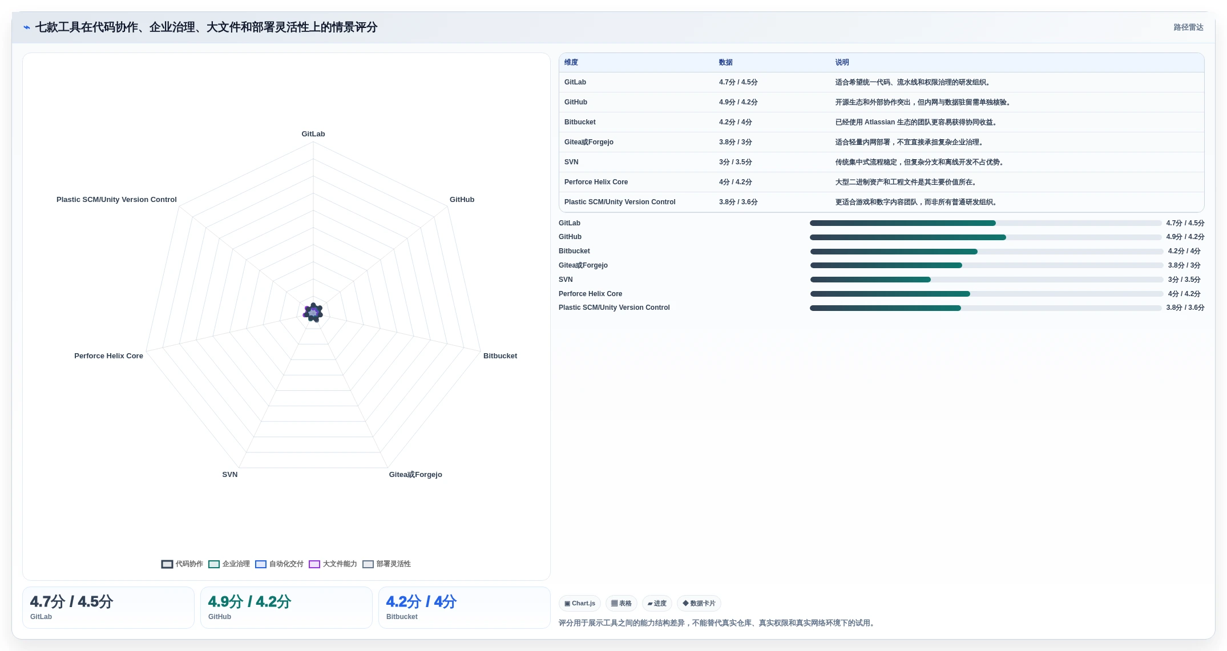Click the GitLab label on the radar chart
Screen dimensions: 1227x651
tap(313, 134)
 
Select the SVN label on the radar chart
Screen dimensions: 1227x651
tap(230, 475)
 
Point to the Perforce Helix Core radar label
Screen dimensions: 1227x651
tap(108, 356)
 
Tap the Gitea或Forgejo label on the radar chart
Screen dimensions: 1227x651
tap(415, 475)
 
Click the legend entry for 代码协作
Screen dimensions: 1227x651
tap(182, 564)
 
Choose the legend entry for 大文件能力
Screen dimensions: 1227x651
tap(333, 564)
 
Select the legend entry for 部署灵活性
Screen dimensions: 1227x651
tap(386, 564)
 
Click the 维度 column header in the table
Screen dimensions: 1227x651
tap(571, 63)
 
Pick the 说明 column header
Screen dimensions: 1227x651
tap(842, 63)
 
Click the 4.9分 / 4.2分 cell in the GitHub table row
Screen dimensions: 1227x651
tap(738, 103)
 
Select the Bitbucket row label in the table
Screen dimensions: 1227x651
tap(580, 123)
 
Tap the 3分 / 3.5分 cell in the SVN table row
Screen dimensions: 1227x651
tap(736, 163)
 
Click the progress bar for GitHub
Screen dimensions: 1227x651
tap(986, 237)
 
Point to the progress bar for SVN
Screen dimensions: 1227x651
tap(987, 280)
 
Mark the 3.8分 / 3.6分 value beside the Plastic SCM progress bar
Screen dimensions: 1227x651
tap(1185, 308)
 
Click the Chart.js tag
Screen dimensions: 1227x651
tap(580, 604)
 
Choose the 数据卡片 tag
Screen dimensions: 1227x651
tap(699, 604)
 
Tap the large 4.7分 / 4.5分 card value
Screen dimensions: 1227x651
tap(72, 602)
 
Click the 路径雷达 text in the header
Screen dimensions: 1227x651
tap(1189, 27)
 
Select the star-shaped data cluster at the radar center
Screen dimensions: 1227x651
tap(313, 313)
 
